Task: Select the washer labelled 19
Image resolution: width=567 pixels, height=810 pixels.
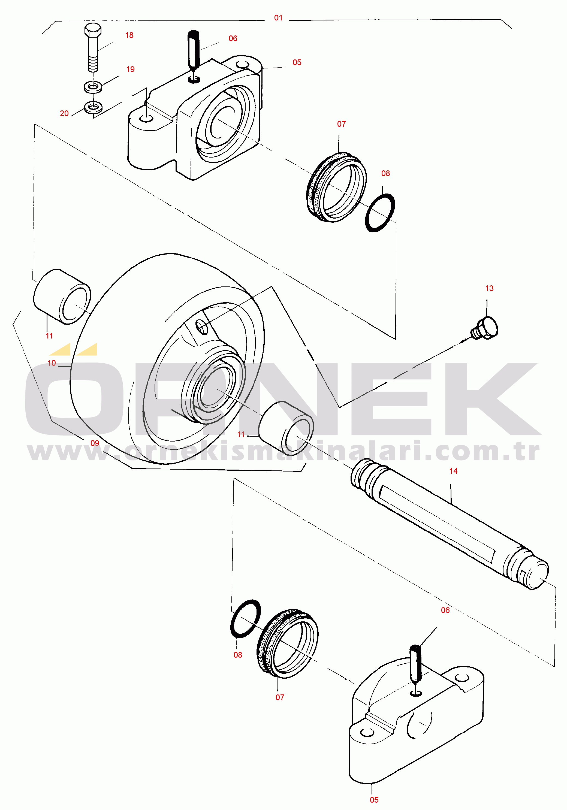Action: click(x=93, y=86)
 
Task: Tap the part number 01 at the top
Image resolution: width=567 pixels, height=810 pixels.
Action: click(x=278, y=18)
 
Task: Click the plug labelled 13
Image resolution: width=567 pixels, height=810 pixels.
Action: click(x=485, y=328)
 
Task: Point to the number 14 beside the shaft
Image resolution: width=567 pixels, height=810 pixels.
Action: click(x=453, y=471)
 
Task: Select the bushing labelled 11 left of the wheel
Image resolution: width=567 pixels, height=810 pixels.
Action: click(x=62, y=296)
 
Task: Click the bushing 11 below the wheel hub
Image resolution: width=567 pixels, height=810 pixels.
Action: click(x=286, y=427)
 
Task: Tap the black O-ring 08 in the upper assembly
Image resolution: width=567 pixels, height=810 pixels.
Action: click(x=380, y=213)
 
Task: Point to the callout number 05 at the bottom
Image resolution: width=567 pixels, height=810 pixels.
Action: click(x=374, y=800)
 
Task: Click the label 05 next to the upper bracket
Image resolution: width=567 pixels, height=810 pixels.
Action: click(x=297, y=62)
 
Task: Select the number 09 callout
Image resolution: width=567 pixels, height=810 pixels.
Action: click(x=95, y=443)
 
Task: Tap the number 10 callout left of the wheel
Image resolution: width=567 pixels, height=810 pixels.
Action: click(x=52, y=363)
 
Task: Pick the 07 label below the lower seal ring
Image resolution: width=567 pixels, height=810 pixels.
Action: click(x=280, y=697)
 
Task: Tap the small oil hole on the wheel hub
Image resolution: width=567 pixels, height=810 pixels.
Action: click(x=201, y=327)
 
